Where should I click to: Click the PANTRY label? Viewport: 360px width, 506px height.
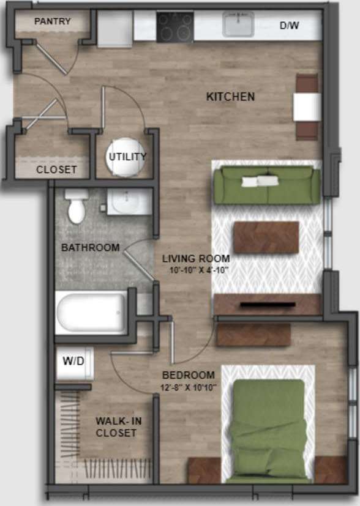[x=53, y=21]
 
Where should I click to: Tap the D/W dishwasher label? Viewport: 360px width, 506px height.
[x=290, y=26]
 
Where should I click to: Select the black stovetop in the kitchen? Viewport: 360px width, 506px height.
[x=175, y=27]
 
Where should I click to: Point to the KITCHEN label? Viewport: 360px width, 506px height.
[x=230, y=97]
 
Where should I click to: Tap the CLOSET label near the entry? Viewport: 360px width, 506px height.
[x=56, y=169]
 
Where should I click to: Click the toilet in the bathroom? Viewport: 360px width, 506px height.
[x=77, y=206]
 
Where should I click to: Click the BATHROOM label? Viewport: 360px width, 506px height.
[x=90, y=248]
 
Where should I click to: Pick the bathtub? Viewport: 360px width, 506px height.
[x=92, y=312]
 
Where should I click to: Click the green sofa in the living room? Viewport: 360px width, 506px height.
[x=267, y=184]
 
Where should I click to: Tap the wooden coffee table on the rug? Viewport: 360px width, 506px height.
[x=266, y=237]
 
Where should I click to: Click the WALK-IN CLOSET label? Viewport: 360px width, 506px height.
[x=116, y=426]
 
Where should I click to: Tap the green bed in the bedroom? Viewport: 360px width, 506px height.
[x=269, y=428]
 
